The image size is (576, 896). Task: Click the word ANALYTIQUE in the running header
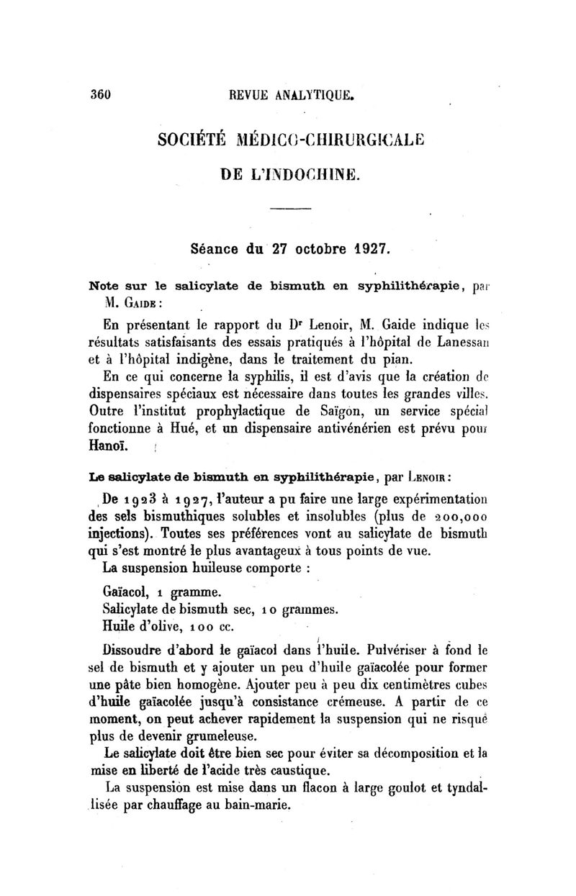[x=316, y=94]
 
